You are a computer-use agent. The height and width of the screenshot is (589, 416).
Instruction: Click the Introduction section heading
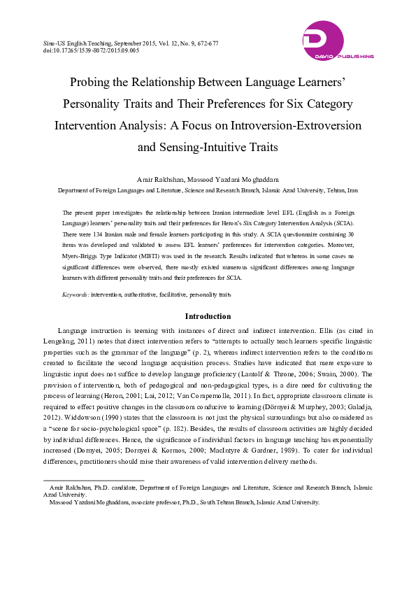[208, 316]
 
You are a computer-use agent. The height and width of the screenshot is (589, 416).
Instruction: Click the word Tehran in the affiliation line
[333, 190]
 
